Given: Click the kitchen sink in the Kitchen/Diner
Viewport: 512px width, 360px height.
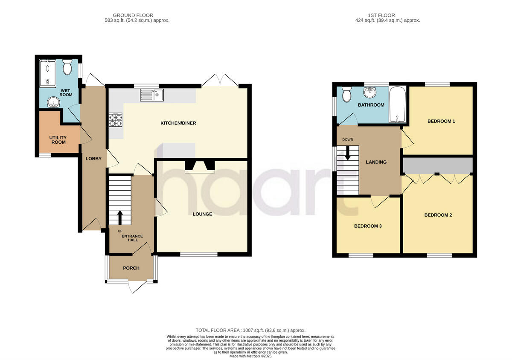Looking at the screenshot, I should (x=151, y=95).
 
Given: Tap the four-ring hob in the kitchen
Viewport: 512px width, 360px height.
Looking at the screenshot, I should (x=116, y=120).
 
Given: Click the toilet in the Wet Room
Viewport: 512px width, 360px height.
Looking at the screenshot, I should (x=67, y=67).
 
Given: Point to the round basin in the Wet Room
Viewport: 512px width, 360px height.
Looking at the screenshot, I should (x=54, y=102).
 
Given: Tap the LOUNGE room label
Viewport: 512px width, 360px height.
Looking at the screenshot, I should (x=202, y=214).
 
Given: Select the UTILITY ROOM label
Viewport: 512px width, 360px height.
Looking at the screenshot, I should (x=58, y=139).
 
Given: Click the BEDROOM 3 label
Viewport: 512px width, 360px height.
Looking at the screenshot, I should (x=367, y=226).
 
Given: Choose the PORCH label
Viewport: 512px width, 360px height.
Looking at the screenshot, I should (x=131, y=268).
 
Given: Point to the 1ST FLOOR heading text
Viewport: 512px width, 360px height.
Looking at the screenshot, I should (x=387, y=15).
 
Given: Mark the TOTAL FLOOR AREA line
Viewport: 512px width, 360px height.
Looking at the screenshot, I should (x=250, y=330).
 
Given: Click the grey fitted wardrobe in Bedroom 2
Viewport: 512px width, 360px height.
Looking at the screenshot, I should (x=438, y=165).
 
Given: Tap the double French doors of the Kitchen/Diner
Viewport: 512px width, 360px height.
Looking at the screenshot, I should (x=221, y=81).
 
